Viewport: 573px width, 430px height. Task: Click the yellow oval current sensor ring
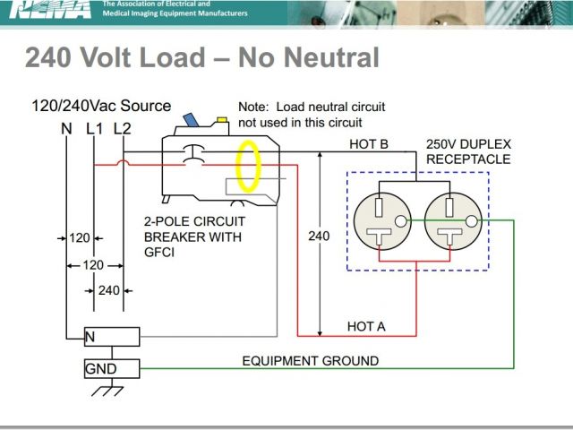click(x=250, y=167)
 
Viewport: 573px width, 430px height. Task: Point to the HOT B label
click(x=368, y=144)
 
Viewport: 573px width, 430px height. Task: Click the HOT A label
click(x=366, y=327)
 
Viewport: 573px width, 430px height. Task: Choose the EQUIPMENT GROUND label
click(x=311, y=361)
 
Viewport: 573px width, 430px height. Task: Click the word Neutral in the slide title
click(x=332, y=58)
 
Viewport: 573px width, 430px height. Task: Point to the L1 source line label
click(x=95, y=128)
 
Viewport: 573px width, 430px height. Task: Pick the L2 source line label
click(x=123, y=128)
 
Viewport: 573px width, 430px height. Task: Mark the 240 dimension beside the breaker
click(x=319, y=236)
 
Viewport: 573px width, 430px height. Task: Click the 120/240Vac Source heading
click(x=101, y=106)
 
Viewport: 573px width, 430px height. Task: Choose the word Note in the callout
click(x=253, y=107)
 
